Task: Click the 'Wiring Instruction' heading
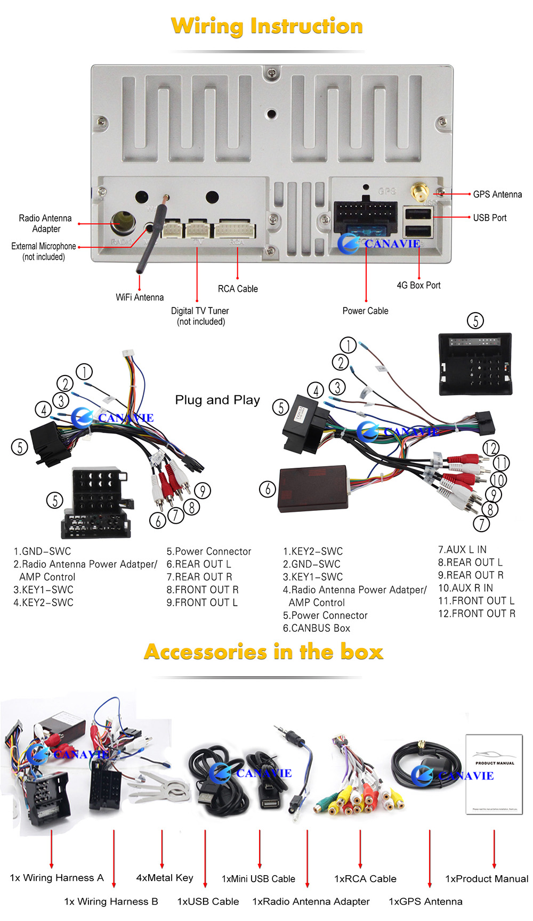click(266, 26)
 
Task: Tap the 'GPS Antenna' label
click(497, 194)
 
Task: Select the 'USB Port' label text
click(489, 217)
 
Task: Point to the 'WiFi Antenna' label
click(140, 297)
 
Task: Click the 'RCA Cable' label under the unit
click(238, 289)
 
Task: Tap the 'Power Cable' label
click(365, 311)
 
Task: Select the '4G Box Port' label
click(418, 285)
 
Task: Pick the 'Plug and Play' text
click(217, 400)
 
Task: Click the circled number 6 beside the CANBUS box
click(267, 489)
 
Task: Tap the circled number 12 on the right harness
click(490, 448)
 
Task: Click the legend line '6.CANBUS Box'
click(317, 628)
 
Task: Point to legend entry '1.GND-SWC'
click(42, 551)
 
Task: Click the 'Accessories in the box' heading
click(264, 652)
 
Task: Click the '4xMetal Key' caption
click(165, 877)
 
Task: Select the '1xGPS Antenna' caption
click(425, 901)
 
